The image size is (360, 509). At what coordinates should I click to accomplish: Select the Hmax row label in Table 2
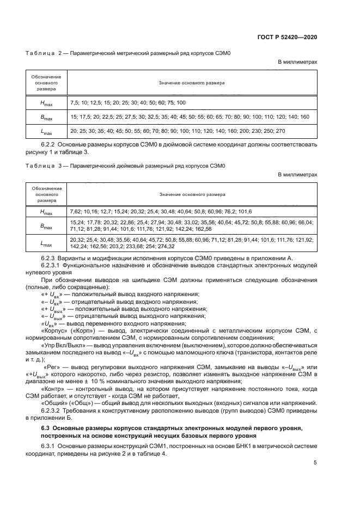click(x=46, y=102)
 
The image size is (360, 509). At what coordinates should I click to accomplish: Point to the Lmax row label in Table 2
click(x=46, y=131)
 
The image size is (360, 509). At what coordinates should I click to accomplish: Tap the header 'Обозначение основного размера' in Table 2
click(x=46, y=83)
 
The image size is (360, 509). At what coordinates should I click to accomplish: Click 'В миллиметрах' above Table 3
click(x=297, y=175)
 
